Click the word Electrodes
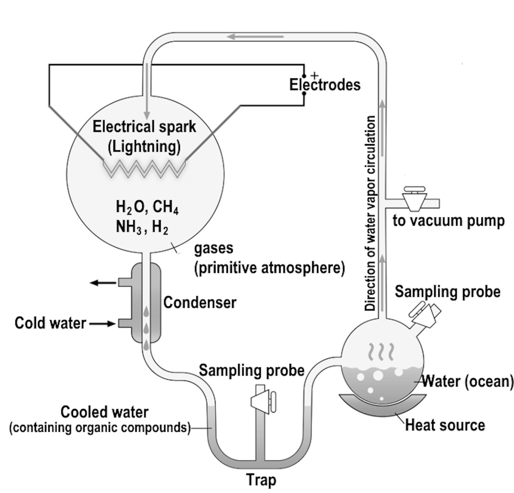point(325,85)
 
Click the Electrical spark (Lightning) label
point(144,137)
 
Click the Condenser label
point(200,303)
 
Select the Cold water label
point(50,323)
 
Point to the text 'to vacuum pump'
point(448,221)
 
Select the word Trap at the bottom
point(261,480)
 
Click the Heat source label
point(445,425)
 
